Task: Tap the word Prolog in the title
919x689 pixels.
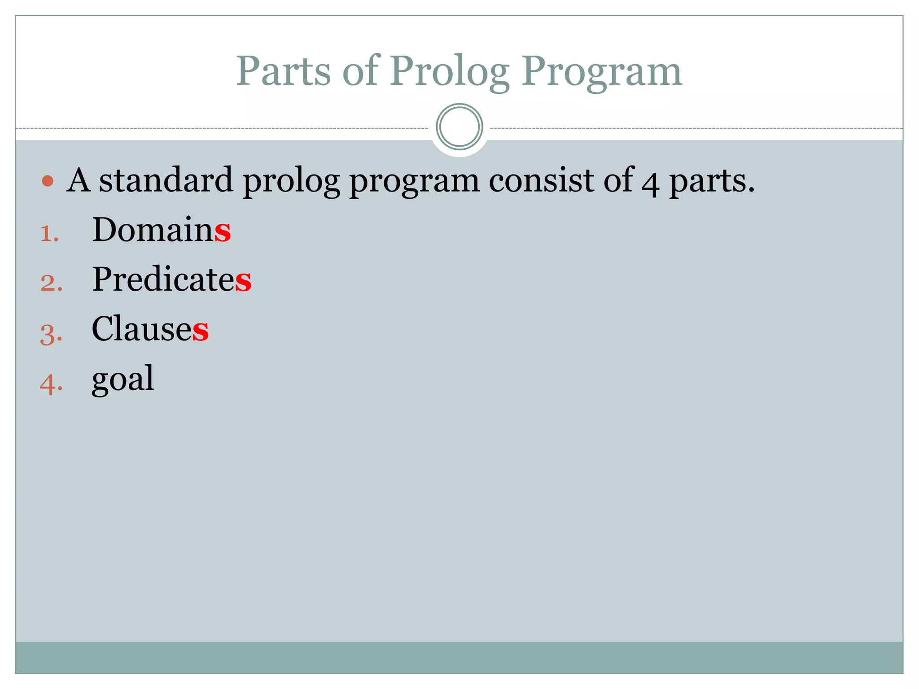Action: (x=449, y=72)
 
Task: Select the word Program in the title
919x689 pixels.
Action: (x=601, y=72)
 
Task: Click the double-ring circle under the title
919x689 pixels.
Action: (x=459, y=127)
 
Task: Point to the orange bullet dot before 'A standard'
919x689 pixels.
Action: (x=48, y=181)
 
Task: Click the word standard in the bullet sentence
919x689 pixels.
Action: (x=166, y=180)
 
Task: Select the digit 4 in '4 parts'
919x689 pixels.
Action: (x=650, y=183)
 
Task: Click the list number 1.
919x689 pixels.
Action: (x=49, y=234)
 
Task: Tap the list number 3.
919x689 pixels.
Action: (x=51, y=334)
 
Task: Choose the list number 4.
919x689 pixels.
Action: (x=51, y=384)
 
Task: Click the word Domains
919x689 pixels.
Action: (x=161, y=229)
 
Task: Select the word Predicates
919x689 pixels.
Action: (x=171, y=279)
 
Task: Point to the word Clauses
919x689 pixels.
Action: (x=150, y=329)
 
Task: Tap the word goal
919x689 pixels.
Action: (x=123, y=379)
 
